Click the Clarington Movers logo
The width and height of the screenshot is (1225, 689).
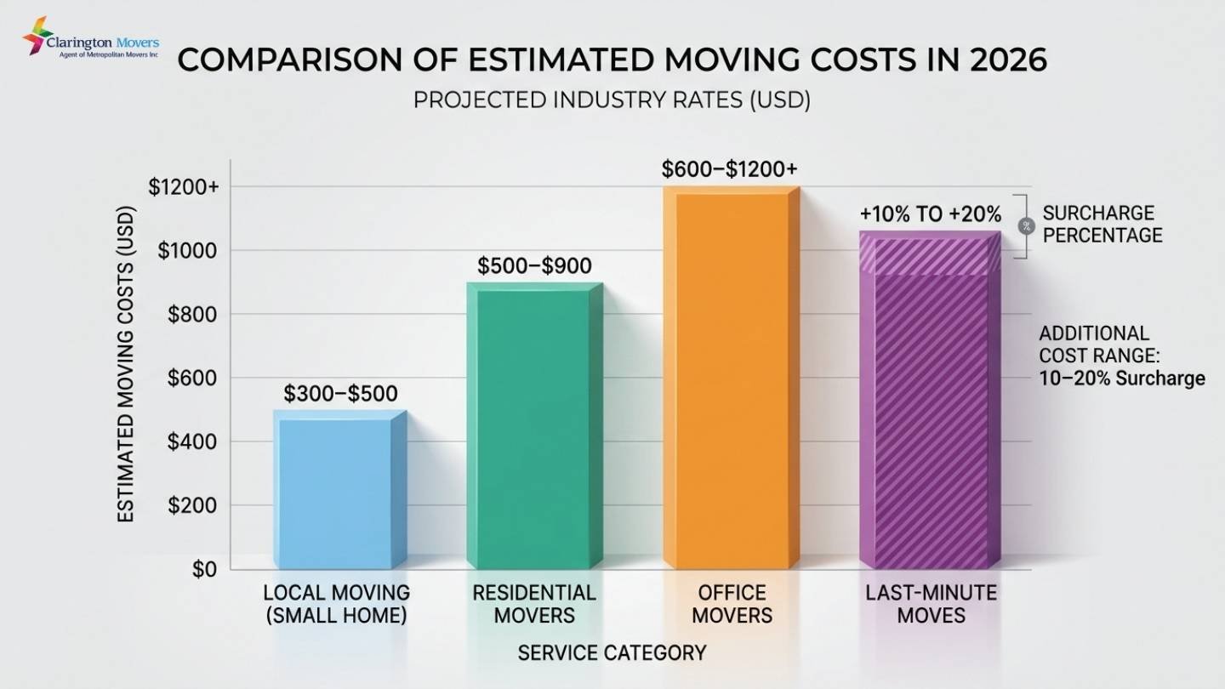89,39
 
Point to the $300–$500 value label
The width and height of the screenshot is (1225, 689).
340,394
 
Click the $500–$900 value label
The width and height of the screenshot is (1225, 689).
534,266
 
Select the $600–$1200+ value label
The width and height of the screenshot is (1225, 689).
730,169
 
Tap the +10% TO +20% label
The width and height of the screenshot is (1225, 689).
931,214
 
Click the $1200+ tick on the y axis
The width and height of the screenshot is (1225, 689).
183,187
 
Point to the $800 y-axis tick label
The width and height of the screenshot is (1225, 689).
192,315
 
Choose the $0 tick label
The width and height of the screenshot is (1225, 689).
204,569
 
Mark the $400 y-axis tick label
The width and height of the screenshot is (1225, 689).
192,442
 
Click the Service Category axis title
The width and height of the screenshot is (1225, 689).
612,653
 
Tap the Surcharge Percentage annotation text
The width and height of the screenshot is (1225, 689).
1102,224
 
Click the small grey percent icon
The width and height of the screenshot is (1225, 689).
1025,225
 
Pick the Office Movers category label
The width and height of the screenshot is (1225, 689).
732,603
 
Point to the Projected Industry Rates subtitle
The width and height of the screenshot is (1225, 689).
612,100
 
